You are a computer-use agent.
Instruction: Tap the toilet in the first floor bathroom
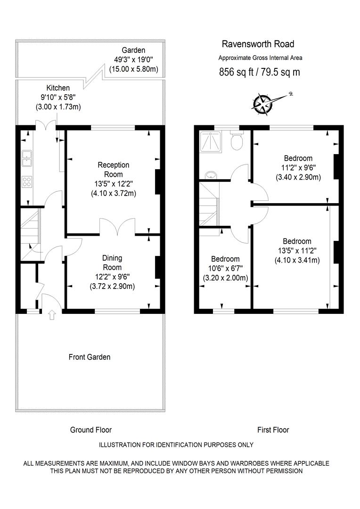click(x=237, y=140)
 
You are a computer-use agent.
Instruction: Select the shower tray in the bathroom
click(x=211, y=142)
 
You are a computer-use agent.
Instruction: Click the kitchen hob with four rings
click(x=27, y=181)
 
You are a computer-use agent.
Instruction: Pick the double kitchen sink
click(x=26, y=158)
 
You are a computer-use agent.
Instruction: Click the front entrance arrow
click(x=52, y=315)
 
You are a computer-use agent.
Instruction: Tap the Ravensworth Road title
click(x=258, y=44)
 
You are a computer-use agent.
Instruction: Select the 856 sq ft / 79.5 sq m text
click(x=259, y=72)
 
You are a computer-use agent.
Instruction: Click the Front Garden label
click(x=89, y=357)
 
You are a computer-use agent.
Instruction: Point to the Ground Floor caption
click(x=91, y=430)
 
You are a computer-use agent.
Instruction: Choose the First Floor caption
click(x=273, y=430)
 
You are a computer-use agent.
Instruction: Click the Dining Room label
click(x=112, y=263)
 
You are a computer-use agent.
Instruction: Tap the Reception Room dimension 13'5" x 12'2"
click(x=114, y=184)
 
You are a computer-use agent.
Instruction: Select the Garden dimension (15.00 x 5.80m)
click(x=133, y=69)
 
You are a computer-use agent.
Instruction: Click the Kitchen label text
click(x=58, y=88)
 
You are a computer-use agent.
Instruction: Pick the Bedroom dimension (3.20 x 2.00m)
click(x=225, y=278)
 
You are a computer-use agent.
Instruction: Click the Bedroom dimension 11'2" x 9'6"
click(x=298, y=168)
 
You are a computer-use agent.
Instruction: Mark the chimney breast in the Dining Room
click(x=158, y=268)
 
